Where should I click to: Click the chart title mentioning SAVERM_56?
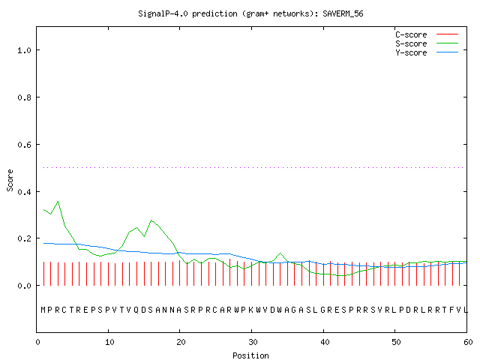point(250,13)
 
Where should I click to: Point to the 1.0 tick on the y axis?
point(24,50)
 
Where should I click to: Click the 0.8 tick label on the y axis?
point(24,97)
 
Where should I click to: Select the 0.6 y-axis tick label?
point(24,145)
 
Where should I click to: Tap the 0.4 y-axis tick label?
point(24,192)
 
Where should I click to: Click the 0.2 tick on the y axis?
point(24,238)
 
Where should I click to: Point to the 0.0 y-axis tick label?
point(24,286)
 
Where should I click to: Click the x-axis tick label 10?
point(109,342)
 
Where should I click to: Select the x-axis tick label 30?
point(253,342)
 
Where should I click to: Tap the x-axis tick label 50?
point(396,342)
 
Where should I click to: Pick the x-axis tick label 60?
point(468,342)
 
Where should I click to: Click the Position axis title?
point(250,355)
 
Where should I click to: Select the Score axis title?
point(10,180)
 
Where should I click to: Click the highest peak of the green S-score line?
point(58,202)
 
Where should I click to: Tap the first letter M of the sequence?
point(43,310)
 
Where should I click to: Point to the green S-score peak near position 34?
point(280,253)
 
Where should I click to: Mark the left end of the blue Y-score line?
point(43,243)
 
